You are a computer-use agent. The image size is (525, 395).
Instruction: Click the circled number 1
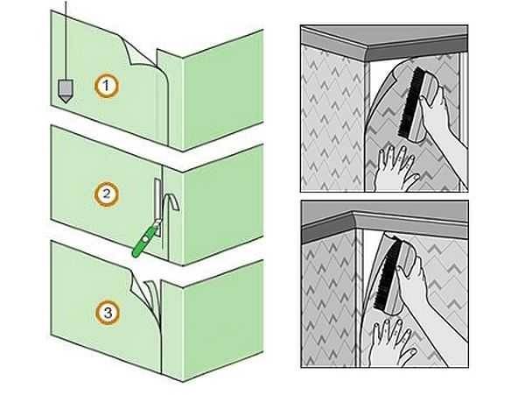[107, 86]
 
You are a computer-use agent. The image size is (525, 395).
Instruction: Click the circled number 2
[107, 194]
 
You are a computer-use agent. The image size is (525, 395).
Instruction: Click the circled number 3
[108, 314]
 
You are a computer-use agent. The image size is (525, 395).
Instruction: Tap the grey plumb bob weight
[65, 91]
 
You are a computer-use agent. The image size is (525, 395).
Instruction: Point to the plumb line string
[66, 40]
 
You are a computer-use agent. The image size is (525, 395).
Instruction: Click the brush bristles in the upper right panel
[409, 101]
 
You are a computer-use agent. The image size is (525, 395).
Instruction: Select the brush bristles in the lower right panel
[388, 273]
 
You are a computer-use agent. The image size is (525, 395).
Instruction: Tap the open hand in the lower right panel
[391, 341]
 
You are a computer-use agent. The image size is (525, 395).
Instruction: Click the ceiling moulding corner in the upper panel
[366, 53]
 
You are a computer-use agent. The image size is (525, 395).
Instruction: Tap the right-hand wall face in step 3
[222, 320]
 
